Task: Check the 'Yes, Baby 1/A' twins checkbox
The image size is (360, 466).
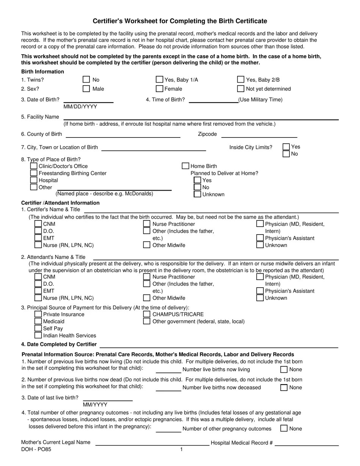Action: pos(160,80)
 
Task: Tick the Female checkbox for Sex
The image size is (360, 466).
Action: pos(160,89)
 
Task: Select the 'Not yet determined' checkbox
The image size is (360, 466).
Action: pos(241,89)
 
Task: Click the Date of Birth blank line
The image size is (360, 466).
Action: pos(88,100)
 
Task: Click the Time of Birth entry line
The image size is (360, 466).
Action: pos(213,100)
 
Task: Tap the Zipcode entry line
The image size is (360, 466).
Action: pos(259,134)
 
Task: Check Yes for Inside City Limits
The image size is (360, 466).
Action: pos(286,147)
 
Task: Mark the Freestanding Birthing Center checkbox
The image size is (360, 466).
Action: pos(34,173)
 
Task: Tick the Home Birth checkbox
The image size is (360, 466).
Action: pos(185,166)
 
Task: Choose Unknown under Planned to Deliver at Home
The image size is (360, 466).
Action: pos(197,194)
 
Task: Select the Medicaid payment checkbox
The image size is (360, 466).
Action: pos(38,321)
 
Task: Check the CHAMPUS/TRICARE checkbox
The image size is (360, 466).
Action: pos(147,314)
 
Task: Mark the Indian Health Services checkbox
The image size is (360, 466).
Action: pos(38,335)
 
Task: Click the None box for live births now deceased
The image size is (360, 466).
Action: pos(284,387)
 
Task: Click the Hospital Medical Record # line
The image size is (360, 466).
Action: pos(306,443)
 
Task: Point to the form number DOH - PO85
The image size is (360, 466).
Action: pos(36,449)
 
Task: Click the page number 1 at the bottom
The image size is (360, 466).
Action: pos(181,449)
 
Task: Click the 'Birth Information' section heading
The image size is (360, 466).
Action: pos(42,72)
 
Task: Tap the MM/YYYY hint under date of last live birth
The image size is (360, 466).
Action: pos(95,405)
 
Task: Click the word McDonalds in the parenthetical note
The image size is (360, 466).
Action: pos(139,194)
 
